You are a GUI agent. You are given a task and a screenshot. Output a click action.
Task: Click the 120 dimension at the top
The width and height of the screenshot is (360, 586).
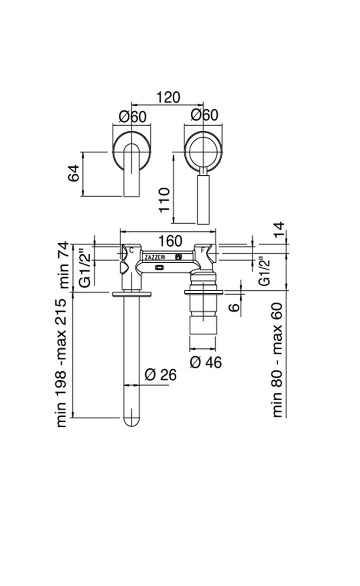tap(168, 97)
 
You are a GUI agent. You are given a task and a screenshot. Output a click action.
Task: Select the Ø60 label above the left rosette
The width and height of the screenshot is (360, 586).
tap(133, 116)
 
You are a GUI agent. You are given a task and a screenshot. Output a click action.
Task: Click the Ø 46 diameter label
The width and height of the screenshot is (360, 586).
tap(206, 362)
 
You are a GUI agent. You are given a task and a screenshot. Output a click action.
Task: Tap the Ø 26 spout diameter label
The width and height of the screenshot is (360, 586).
tap(160, 375)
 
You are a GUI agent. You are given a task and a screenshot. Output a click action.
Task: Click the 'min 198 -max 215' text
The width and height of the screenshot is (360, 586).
tap(62, 362)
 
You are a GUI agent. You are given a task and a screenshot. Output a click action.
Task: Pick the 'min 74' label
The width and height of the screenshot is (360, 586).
tap(64, 266)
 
